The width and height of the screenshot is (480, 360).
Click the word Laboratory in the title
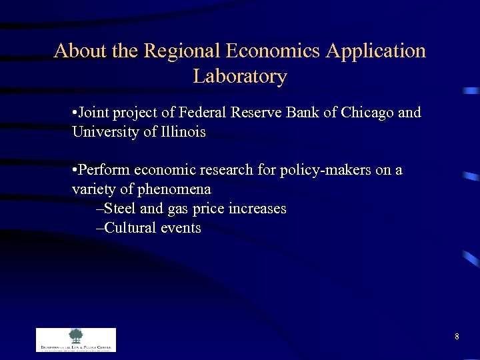pos(240,77)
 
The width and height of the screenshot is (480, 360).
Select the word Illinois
pos(183,132)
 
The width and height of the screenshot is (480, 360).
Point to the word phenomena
pos(175,189)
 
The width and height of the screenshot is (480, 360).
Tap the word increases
pos(257,209)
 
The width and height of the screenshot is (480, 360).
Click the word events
pos(179,228)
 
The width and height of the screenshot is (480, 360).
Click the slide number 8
pos(457,337)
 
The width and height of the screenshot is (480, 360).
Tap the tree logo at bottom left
pos(75,336)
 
